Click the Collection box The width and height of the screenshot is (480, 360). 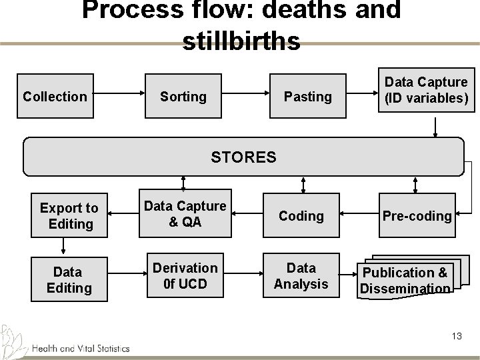tap(55, 97)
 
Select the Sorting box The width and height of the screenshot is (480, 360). tap(183, 97)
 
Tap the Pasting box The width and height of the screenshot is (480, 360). tap(307, 97)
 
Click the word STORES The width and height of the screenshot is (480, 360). tap(243, 157)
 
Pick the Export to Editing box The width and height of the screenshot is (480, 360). tap(69, 216)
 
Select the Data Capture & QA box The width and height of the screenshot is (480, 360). tap(185, 215)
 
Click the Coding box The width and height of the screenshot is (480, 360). tap(301, 216)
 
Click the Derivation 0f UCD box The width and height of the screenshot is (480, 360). tap(185, 276)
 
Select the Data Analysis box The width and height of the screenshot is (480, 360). tap(301, 276)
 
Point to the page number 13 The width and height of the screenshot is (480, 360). tap(456, 336)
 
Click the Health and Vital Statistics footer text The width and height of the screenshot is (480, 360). tap(80, 347)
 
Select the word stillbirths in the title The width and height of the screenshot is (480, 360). tap(241, 41)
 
